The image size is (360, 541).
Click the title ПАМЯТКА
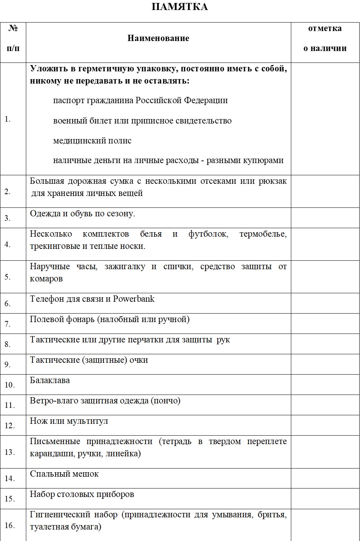pyautogui.click(x=180, y=7)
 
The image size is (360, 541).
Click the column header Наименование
pyautogui.click(x=158, y=38)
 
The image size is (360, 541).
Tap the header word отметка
pyautogui.click(x=325, y=28)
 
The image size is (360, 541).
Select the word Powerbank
pyautogui.click(x=134, y=299)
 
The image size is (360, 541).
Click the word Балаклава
pyautogui.click(x=50, y=380)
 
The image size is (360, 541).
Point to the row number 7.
pyautogui.click(x=7, y=324)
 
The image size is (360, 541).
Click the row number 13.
pyautogui.click(x=10, y=452)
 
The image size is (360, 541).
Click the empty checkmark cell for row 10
pyautogui.click(x=325, y=385)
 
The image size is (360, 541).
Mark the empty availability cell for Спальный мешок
pyautogui.click(x=325, y=478)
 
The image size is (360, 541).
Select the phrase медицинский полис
pyautogui.click(x=92, y=141)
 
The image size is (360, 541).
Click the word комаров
pyautogui.click(x=46, y=279)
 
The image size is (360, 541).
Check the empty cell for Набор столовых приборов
pyautogui.click(x=325, y=498)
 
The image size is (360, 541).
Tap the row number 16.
pyautogui.click(x=10, y=525)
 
